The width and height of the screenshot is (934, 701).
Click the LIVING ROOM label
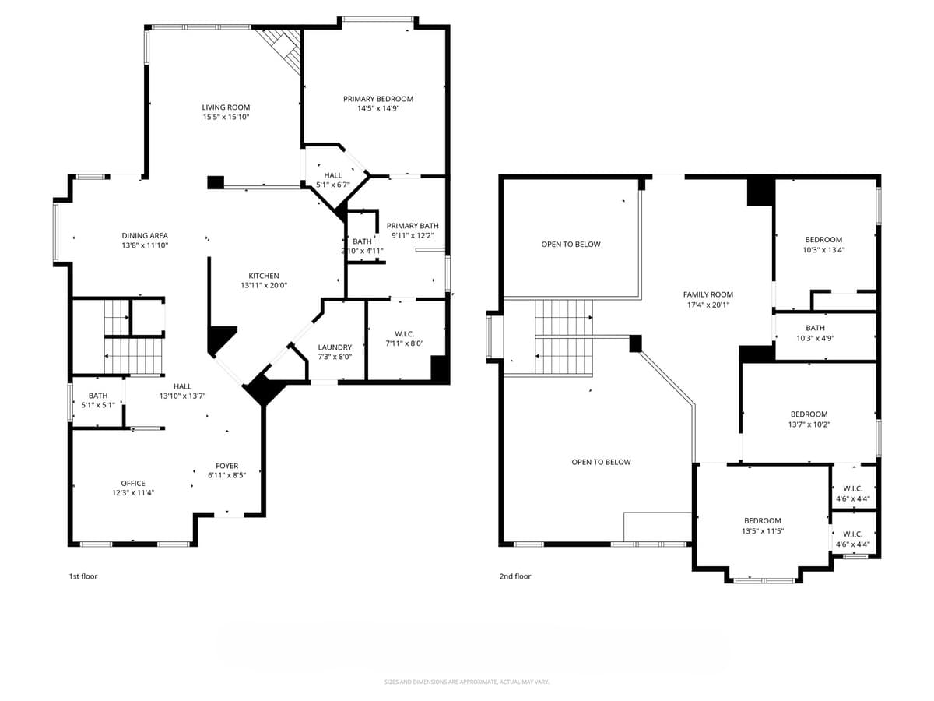226,107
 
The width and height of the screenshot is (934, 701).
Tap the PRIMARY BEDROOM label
378,99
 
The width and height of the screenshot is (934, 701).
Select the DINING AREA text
145,235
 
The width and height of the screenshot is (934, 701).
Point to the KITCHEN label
264,276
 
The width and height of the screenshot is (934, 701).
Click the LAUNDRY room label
335,347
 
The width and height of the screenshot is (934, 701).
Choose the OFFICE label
133,483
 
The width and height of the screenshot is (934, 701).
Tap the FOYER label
227,466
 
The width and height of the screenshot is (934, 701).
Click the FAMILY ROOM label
708,294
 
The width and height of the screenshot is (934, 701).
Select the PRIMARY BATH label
413,226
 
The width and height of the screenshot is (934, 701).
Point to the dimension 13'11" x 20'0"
264,286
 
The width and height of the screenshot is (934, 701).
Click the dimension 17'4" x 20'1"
708,305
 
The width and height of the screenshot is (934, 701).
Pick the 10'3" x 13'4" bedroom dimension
823,250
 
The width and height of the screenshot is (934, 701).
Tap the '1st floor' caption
83,576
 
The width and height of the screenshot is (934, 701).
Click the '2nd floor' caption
515,576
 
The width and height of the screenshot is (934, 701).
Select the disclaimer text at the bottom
467,682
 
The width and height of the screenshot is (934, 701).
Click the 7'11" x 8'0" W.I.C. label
405,333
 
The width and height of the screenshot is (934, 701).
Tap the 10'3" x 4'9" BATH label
816,328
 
